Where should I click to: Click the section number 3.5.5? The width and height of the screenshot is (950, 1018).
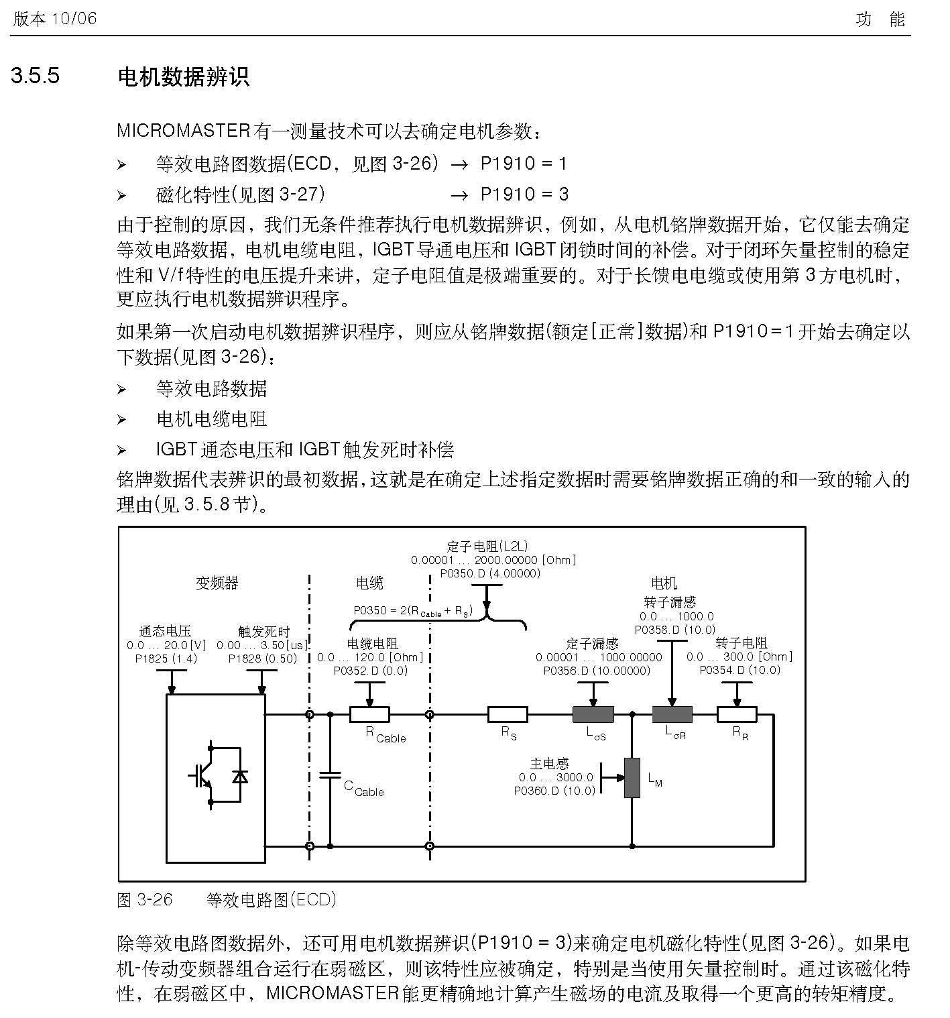(35, 75)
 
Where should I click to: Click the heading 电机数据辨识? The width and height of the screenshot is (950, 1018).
(184, 77)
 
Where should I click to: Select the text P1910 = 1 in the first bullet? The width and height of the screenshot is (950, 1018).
(524, 164)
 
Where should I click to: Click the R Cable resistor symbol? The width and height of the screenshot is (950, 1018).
(369, 714)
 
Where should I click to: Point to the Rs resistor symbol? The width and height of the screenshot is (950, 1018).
(507, 714)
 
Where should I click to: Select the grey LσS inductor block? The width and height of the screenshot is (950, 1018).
(593, 714)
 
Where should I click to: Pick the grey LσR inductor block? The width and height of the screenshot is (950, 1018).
(672, 714)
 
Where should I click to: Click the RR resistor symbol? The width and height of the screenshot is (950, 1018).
(737, 714)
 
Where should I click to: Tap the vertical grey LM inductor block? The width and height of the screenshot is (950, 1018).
(632, 778)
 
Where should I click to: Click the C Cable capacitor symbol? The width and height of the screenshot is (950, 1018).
(330, 775)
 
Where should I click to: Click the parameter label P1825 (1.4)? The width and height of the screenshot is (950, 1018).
(166, 659)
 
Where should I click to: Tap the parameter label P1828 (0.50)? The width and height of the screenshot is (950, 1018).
(263, 659)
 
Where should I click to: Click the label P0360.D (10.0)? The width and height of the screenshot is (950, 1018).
(554, 791)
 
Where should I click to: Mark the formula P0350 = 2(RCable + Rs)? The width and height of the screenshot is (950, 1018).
(413, 611)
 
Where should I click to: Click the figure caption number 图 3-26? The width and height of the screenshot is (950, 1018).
(145, 899)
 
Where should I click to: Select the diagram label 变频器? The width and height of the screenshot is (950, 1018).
(217, 583)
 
